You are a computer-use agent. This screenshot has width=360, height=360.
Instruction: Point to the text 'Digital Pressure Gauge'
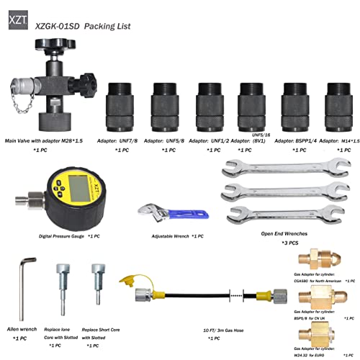pos(60,235)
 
